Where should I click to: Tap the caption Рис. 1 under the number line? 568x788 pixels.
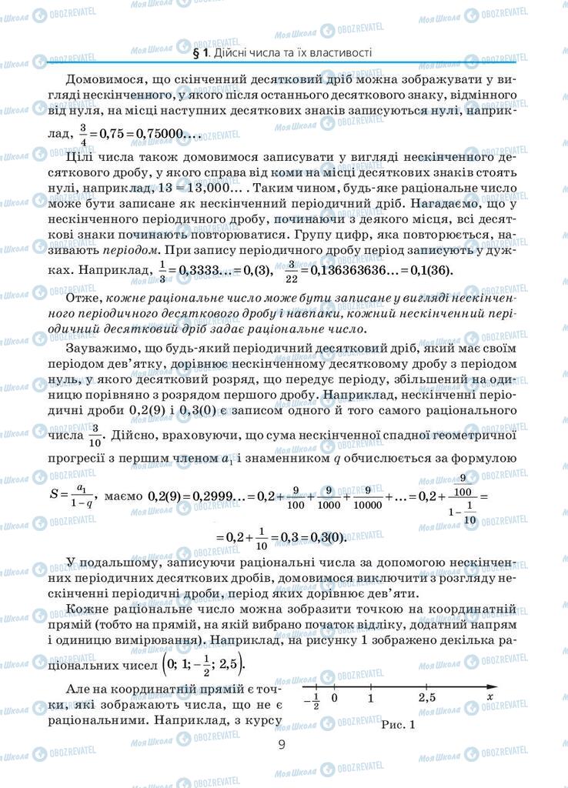pyautogui.click(x=397, y=723)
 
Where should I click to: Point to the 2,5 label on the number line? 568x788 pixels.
pyautogui.click(x=426, y=699)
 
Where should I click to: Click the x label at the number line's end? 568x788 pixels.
pyautogui.click(x=489, y=698)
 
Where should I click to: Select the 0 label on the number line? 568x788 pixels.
pyautogui.click(x=334, y=699)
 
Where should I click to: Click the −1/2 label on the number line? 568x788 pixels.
pyautogui.click(x=311, y=700)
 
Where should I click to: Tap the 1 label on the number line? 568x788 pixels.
pyautogui.click(x=370, y=699)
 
